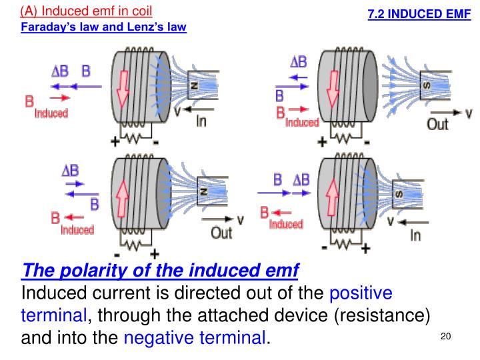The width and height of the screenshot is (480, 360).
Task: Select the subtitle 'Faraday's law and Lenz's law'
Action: [103, 27]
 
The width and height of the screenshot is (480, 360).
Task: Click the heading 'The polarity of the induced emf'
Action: [161, 271]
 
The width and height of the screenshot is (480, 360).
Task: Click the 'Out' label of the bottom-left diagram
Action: [221, 233]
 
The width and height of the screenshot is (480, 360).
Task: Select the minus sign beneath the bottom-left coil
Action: [117, 256]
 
